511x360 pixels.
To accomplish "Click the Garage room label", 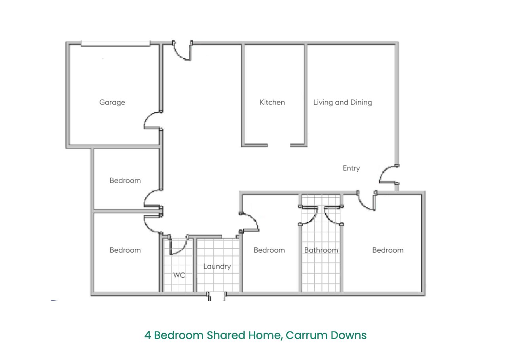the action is [x=112, y=103].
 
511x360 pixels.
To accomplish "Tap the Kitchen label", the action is [x=272, y=102].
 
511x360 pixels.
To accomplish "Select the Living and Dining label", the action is [x=342, y=103].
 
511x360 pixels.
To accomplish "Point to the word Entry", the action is [x=351, y=168].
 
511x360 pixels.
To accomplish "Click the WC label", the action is [x=179, y=275].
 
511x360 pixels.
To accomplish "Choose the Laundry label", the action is [x=217, y=267].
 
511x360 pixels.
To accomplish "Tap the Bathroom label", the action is [x=321, y=250].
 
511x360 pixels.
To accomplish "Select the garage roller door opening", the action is [x=116, y=44].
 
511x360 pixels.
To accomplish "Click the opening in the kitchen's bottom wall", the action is [x=279, y=145].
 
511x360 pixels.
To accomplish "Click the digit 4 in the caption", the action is [x=148, y=335].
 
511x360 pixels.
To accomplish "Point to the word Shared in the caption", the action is [x=226, y=335].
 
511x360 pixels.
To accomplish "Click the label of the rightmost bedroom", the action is [x=388, y=250].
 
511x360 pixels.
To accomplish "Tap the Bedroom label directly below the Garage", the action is [x=125, y=181].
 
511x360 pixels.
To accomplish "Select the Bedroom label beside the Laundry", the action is [x=269, y=250].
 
